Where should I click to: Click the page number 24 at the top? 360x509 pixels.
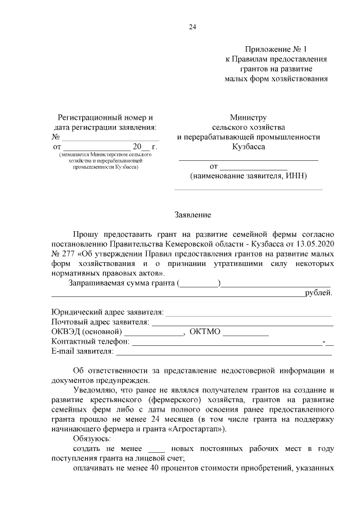193,26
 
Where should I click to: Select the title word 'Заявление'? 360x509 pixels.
193,215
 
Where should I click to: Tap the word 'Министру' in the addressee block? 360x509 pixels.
247,118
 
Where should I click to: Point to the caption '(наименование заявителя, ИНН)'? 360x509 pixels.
248,176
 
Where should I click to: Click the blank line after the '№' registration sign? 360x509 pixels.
110,137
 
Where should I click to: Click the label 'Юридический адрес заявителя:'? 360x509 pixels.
107,312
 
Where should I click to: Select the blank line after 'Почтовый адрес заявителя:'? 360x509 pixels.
242,322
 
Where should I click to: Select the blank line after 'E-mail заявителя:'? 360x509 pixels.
223,352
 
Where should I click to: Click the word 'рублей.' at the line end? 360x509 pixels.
318,292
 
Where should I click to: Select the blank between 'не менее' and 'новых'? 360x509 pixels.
156,449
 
